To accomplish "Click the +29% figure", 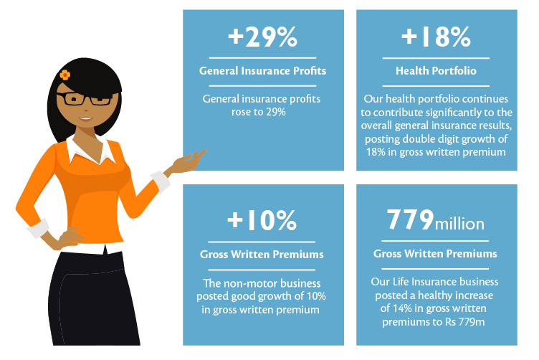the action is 262,37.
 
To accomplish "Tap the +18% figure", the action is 436,37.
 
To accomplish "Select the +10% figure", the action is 262,220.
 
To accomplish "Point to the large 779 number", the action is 410,219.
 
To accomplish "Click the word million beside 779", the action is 459,224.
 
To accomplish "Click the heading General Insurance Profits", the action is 262,71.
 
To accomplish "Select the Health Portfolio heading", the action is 436,71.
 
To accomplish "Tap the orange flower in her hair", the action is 65,75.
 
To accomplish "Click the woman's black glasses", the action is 85,99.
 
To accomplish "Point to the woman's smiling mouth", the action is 86,119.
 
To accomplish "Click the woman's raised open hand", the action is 187,162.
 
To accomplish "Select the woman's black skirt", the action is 92,298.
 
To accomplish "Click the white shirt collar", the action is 90,151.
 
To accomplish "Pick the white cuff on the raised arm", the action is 160,181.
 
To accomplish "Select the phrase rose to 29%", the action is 259,112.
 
